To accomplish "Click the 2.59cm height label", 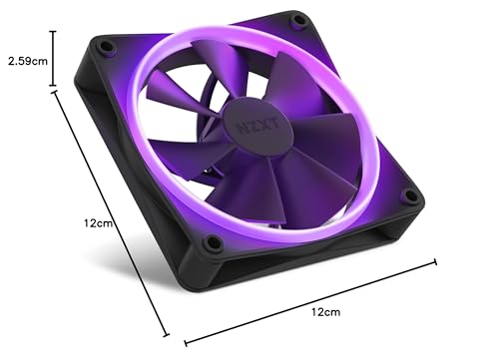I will pos(26,61).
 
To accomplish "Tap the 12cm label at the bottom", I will pos(324,312).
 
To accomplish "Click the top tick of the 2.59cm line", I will pos(53,32).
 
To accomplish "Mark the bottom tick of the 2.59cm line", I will pos(53,88).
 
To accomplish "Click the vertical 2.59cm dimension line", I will pos(53,60).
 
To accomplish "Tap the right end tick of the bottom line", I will pos(435,262).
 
